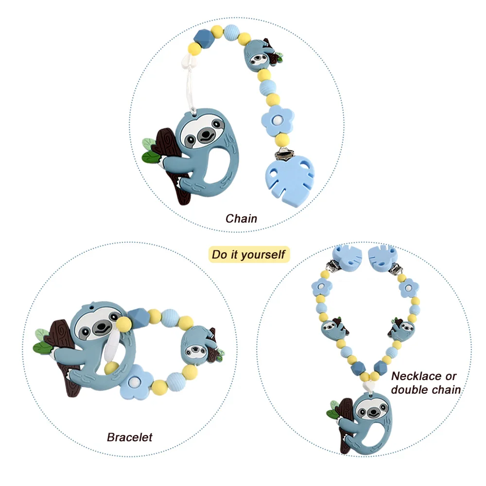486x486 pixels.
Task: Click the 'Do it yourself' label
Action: (248, 254)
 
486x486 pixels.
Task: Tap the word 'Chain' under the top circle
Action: (241, 218)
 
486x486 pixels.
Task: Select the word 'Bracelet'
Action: (129, 437)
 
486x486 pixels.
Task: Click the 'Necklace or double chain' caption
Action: (424, 382)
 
